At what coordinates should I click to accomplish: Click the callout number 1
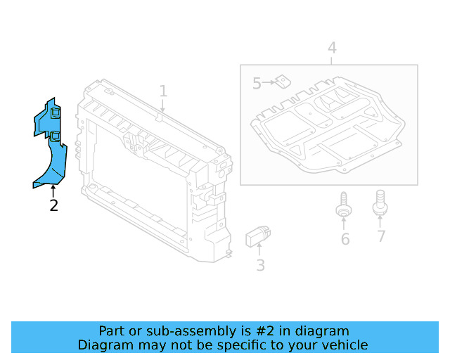tap(163, 91)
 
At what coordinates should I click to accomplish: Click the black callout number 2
tap(53, 205)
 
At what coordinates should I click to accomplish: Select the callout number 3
tap(260, 265)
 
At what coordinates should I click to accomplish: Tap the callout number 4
tap(331, 48)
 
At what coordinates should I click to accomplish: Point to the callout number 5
tap(257, 84)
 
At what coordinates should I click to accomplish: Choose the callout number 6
tap(345, 239)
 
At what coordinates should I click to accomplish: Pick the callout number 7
tap(380, 236)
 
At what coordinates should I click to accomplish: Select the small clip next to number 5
tap(283, 82)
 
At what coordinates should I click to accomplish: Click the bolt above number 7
tap(380, 202)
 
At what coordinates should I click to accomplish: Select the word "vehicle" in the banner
tap(343, 345)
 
